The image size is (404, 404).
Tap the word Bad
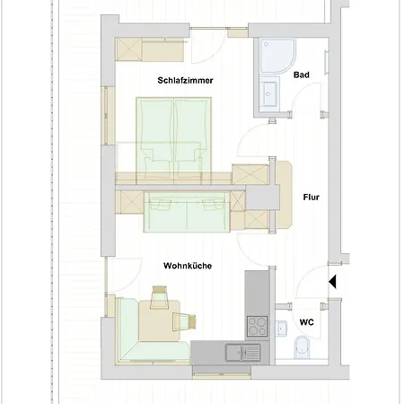tap(302, 75)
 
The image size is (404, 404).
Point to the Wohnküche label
tap(187, 267)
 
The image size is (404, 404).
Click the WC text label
tap(307, 321)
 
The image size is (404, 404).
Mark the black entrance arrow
tap(331, 282)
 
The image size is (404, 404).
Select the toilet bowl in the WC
tap(302, 346)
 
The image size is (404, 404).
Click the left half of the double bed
tap(154, 135)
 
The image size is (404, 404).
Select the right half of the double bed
tap(193, 135)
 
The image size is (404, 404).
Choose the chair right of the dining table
tap(190, 319)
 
